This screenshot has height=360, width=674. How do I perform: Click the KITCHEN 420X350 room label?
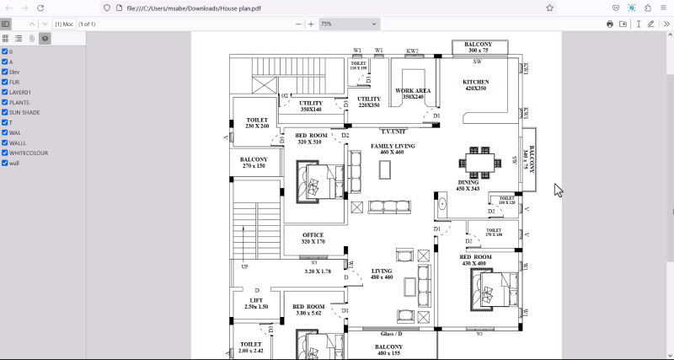(475, 85)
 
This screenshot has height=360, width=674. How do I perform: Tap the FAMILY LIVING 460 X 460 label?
(393, 149)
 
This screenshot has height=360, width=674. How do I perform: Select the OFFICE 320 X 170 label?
(313, 239)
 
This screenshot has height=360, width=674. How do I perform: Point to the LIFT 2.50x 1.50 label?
(256, 304)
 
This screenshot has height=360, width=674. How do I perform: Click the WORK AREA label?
(413, 93)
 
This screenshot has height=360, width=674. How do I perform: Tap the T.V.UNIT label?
(393, 132)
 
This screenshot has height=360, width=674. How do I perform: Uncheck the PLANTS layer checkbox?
(5, 102)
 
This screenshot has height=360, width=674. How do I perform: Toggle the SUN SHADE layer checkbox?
(5, 112)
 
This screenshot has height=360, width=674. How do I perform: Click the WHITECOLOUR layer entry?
(28, 153)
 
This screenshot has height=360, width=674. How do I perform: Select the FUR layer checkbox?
(5, 82)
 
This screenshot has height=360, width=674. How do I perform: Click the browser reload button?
(40, 8)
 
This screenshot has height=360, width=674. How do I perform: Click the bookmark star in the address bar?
(549, 8)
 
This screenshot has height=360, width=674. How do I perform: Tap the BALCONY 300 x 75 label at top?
(479, 47)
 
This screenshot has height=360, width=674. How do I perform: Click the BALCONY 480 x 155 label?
(389, 350)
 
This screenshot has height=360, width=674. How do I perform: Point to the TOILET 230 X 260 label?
(257, 123)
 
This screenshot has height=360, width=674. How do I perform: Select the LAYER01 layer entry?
(19, 92)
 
